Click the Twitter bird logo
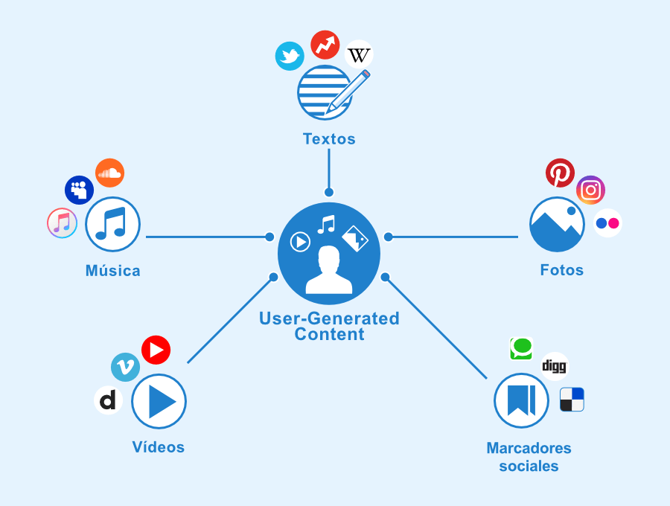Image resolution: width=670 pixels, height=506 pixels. (x=290, y=56)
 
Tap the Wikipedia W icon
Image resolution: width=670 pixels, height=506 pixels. (x=359, y=54)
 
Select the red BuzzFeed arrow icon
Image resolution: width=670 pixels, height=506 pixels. (x=325, y=45)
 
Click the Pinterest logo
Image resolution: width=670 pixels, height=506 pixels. (x=560, y=173)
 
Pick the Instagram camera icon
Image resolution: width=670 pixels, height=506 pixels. (x=590, y=190)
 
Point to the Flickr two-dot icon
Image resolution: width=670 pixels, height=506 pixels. (x=607, y=222)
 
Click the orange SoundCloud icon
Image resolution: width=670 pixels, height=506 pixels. (x=109, y=173)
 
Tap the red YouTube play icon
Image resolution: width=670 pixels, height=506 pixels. (x=156, y=350)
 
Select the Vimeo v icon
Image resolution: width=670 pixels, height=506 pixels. (x=125, y=367)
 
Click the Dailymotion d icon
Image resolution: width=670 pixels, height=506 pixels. (x=108, y=400)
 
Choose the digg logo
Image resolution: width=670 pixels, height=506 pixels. (x=554, y=366)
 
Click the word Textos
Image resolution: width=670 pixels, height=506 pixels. (x=329, y=139)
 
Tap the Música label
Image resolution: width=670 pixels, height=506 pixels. (x=112, y=270)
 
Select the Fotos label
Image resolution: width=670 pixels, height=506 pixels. (x=562, y=270)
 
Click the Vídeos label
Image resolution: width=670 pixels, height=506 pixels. (x=159, y=447)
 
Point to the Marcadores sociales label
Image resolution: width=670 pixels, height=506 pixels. (x=529, y=457)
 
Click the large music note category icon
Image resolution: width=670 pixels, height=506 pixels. (x=112, y=224)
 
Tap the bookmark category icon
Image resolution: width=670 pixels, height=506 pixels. (x=521, y=400)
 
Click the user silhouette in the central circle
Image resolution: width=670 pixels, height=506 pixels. (x=329, y=270)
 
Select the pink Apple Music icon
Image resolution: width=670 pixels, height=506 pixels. (x=62, y=223)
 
